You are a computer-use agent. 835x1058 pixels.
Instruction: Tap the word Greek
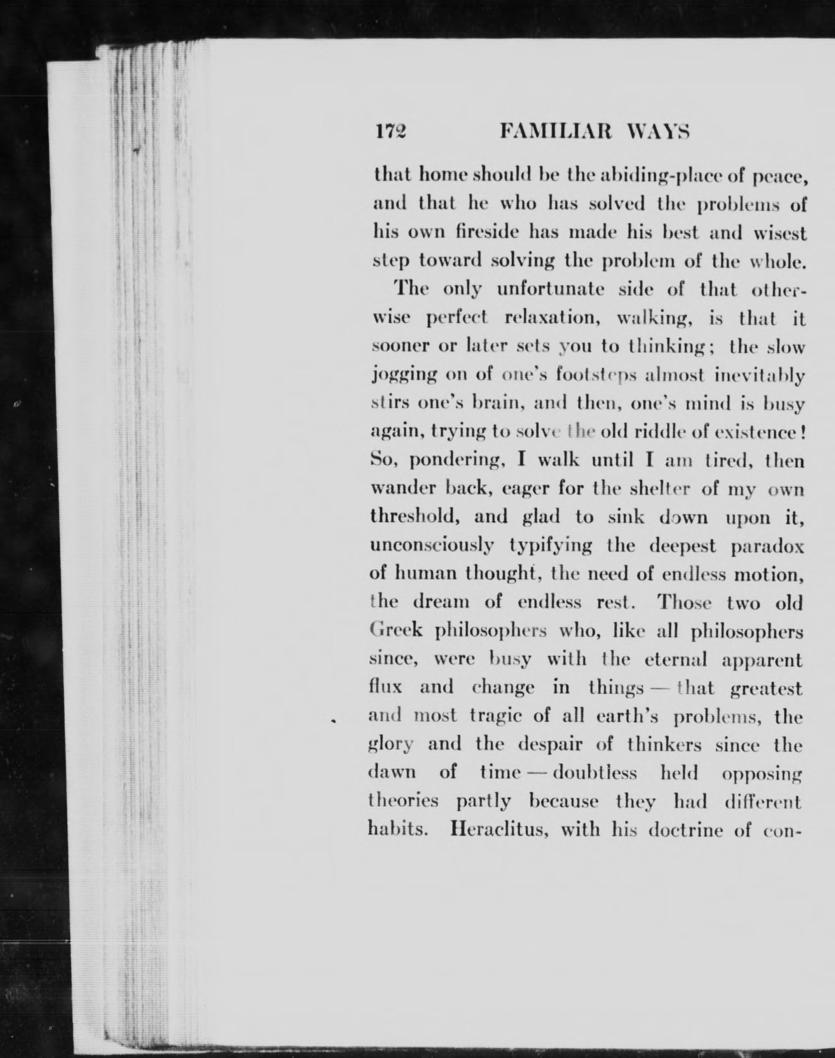(x=396, y=630)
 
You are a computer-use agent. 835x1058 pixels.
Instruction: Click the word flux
(x=386, y=687)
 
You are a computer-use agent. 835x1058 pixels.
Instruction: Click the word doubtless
(x=595, y=772)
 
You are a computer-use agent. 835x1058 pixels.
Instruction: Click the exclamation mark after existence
(x=801, y=432)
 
